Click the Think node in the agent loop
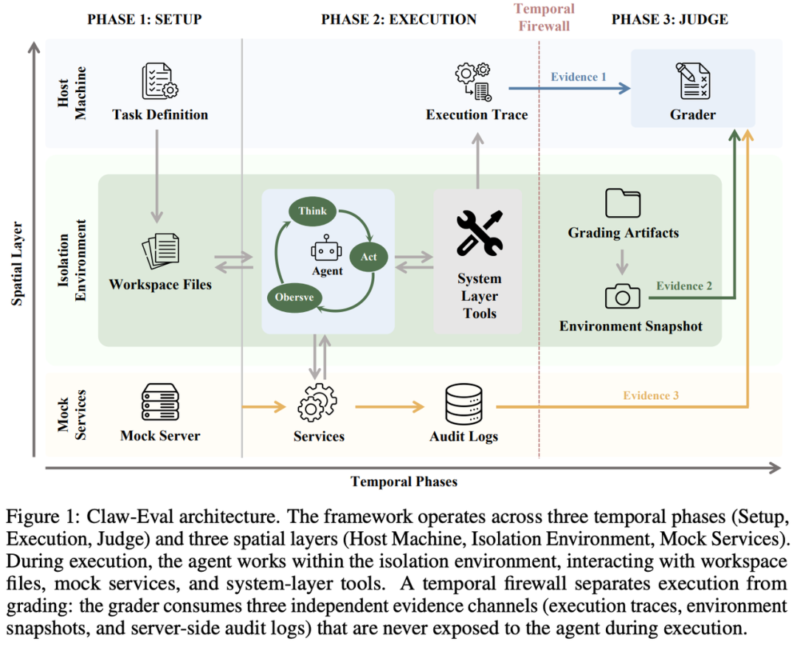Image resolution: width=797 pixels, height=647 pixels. point(313,211)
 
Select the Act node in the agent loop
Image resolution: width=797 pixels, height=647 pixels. point(368,257)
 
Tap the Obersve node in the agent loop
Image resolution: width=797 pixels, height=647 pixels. point(294,297)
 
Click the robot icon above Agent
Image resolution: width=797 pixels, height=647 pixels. point(326,248)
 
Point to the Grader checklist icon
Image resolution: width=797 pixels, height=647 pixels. point(692,80)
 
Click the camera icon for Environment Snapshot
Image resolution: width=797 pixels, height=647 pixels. point(622,296)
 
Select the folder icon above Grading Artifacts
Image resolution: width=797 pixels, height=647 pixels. point(623,203)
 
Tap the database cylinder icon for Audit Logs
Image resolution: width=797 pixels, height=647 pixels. point(463,404)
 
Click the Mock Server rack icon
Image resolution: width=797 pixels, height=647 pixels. point(160,402)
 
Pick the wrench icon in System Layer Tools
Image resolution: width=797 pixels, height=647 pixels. point(480,232)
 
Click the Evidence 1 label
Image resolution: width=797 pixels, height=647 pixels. point(579,77)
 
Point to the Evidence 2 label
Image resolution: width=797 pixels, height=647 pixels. point(684,286)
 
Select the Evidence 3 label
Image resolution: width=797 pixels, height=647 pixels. point(651,395)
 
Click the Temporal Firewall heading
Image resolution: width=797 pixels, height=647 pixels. point(544,17)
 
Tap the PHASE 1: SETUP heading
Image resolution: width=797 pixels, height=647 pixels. point(145,19)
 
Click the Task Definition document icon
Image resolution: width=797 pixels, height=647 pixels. point(159,81)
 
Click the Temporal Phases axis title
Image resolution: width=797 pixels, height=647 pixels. point(404,481)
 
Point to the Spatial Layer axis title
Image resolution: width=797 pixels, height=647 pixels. point(17,264)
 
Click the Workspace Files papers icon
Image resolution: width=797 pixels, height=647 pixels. point(161,251)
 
